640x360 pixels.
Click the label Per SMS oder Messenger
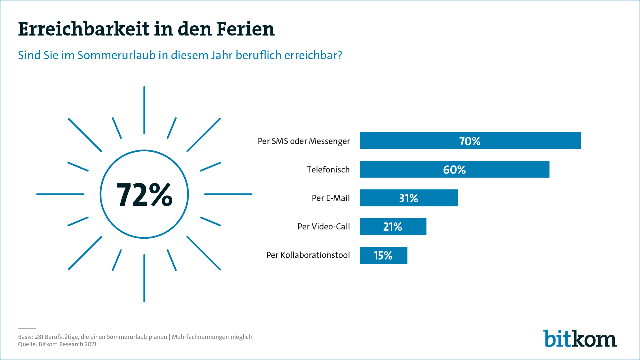(304, 141)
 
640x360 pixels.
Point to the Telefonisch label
(328, 170)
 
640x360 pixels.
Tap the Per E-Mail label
(331, 198)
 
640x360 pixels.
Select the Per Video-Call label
(324, 227)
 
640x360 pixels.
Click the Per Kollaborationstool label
(308, 255)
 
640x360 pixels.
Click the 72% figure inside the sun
(144, 194)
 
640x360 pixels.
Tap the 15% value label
(383, 255)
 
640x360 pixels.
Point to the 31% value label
(408, 198)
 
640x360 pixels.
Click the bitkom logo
(580, 339)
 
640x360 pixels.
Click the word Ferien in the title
(245, 29)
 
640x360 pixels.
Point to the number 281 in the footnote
(39, 337)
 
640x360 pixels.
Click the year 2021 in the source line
(91, 344)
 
